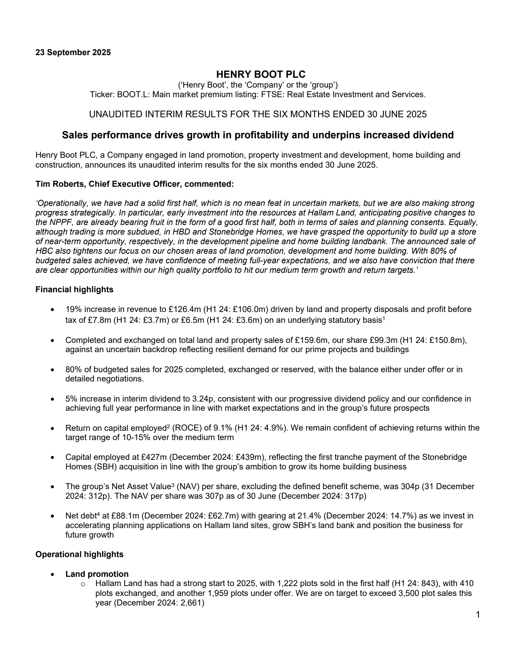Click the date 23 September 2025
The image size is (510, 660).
coord(73,53)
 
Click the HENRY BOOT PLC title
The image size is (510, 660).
coord(261,74)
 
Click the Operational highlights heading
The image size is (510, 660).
coord(79,554)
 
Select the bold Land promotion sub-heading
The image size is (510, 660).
coord(97,574)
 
